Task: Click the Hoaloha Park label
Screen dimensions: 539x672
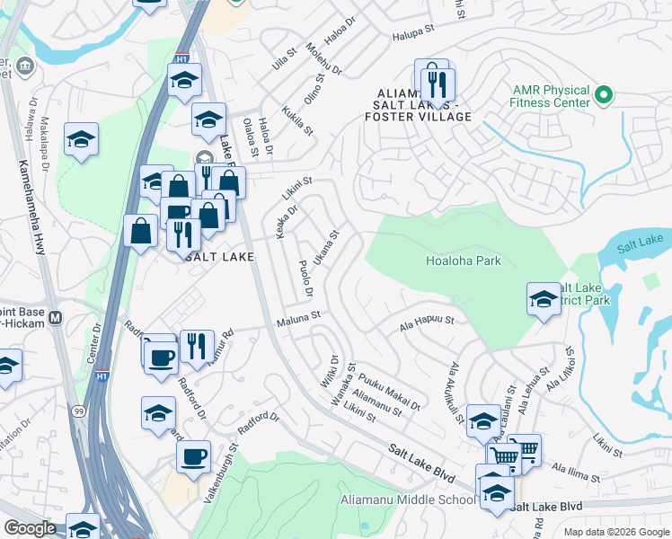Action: point(463,261)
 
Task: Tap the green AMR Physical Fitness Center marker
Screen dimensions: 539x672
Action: point(604,94)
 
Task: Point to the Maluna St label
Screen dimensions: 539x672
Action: point(298,317)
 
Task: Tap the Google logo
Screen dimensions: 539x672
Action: point(30,528)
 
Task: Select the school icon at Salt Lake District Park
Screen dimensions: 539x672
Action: point(544,300)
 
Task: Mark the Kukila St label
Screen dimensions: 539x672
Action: point(297,121)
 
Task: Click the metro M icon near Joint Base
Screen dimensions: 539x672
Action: point(55,318)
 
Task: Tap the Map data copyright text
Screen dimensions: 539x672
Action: point(616,531)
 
